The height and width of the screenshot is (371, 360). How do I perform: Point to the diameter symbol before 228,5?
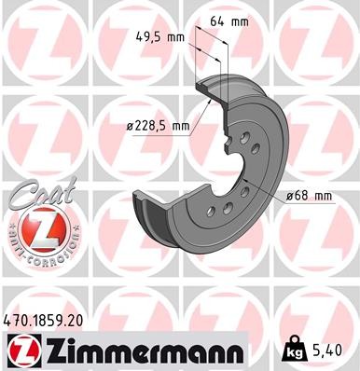point(128,125)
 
